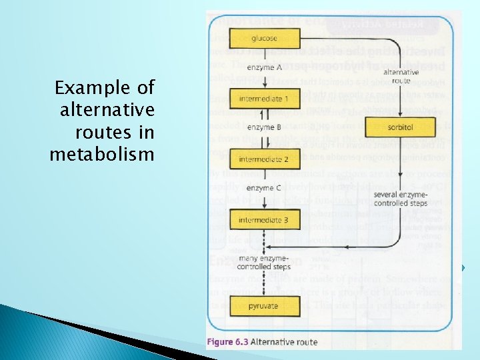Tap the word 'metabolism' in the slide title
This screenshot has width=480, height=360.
click(x=101, y=155)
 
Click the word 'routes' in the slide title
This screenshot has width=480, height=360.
click(x=105, y=132)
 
